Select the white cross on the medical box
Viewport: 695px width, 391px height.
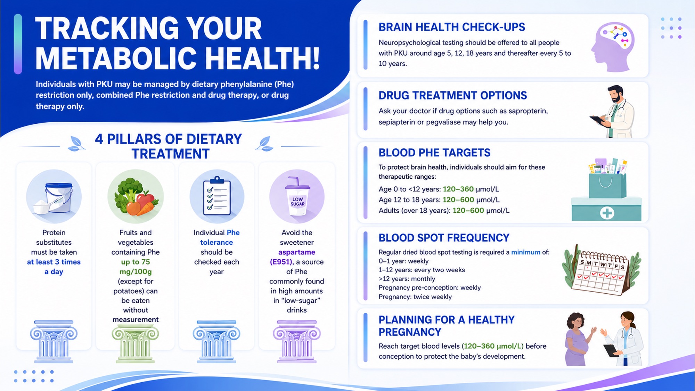pos(607,213)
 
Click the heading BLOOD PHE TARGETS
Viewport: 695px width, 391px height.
pos(434,153)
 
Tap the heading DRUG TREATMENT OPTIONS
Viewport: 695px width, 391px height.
pos(453,95)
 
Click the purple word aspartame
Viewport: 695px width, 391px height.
pos(297,252)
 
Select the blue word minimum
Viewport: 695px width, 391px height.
pos(526,252)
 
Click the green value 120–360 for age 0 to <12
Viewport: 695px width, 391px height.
pos(458,189)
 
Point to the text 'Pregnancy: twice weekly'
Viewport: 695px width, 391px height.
pos(415,297)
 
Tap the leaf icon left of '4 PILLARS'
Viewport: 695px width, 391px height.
pos(76,144)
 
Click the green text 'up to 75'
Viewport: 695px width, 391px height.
pos(136,262)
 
